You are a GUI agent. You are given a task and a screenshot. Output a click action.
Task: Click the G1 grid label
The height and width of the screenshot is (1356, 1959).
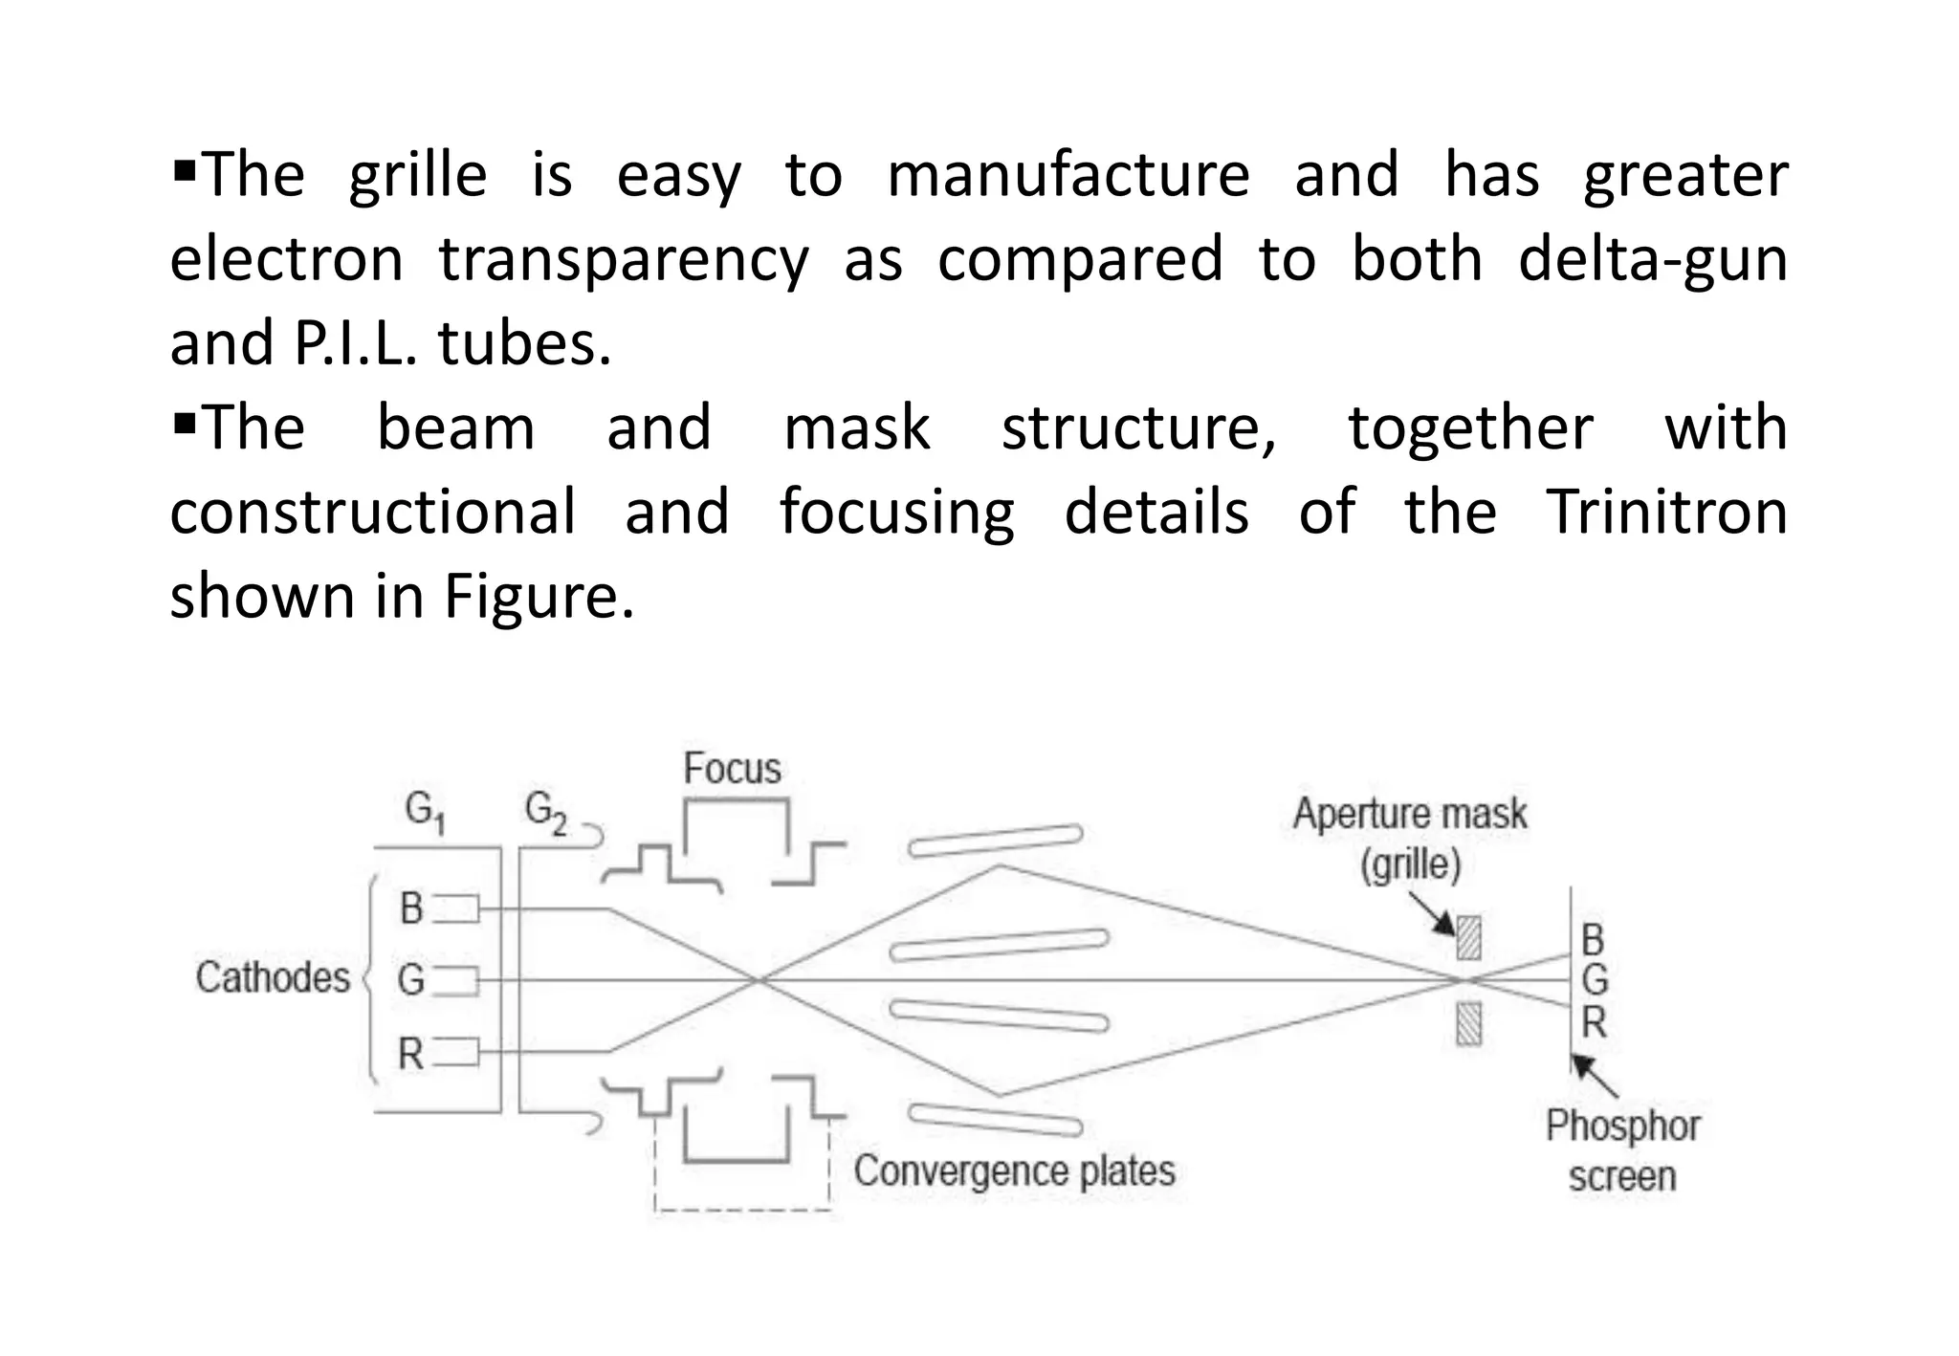425,814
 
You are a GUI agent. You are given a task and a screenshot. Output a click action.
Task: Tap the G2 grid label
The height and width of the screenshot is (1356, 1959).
545,814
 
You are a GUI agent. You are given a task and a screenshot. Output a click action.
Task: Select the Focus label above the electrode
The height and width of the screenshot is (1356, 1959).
732,769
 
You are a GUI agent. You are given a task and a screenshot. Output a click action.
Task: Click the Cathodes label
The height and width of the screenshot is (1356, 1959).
273,977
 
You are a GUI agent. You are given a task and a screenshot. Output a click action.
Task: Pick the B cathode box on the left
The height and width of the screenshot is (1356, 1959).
457,908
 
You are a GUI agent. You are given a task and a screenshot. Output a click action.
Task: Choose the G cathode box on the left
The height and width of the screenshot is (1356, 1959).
457,981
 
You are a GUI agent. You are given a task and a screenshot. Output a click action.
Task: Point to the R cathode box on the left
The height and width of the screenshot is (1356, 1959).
457,1053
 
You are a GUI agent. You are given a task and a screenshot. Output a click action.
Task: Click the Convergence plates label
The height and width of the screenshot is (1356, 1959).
1014,1170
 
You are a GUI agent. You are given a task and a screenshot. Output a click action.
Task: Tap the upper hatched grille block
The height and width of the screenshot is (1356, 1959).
1468,937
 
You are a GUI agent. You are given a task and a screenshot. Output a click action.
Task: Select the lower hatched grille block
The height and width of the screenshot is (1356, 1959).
1468,1023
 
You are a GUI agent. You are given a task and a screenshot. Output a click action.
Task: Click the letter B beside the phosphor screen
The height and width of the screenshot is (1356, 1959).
1593,941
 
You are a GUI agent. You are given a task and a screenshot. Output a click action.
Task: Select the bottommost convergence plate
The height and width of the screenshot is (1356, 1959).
995,1119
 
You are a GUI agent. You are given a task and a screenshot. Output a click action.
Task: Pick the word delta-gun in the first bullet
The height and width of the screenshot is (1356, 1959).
1652,258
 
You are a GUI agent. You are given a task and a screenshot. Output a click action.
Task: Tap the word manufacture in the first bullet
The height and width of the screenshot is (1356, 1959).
1068,174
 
